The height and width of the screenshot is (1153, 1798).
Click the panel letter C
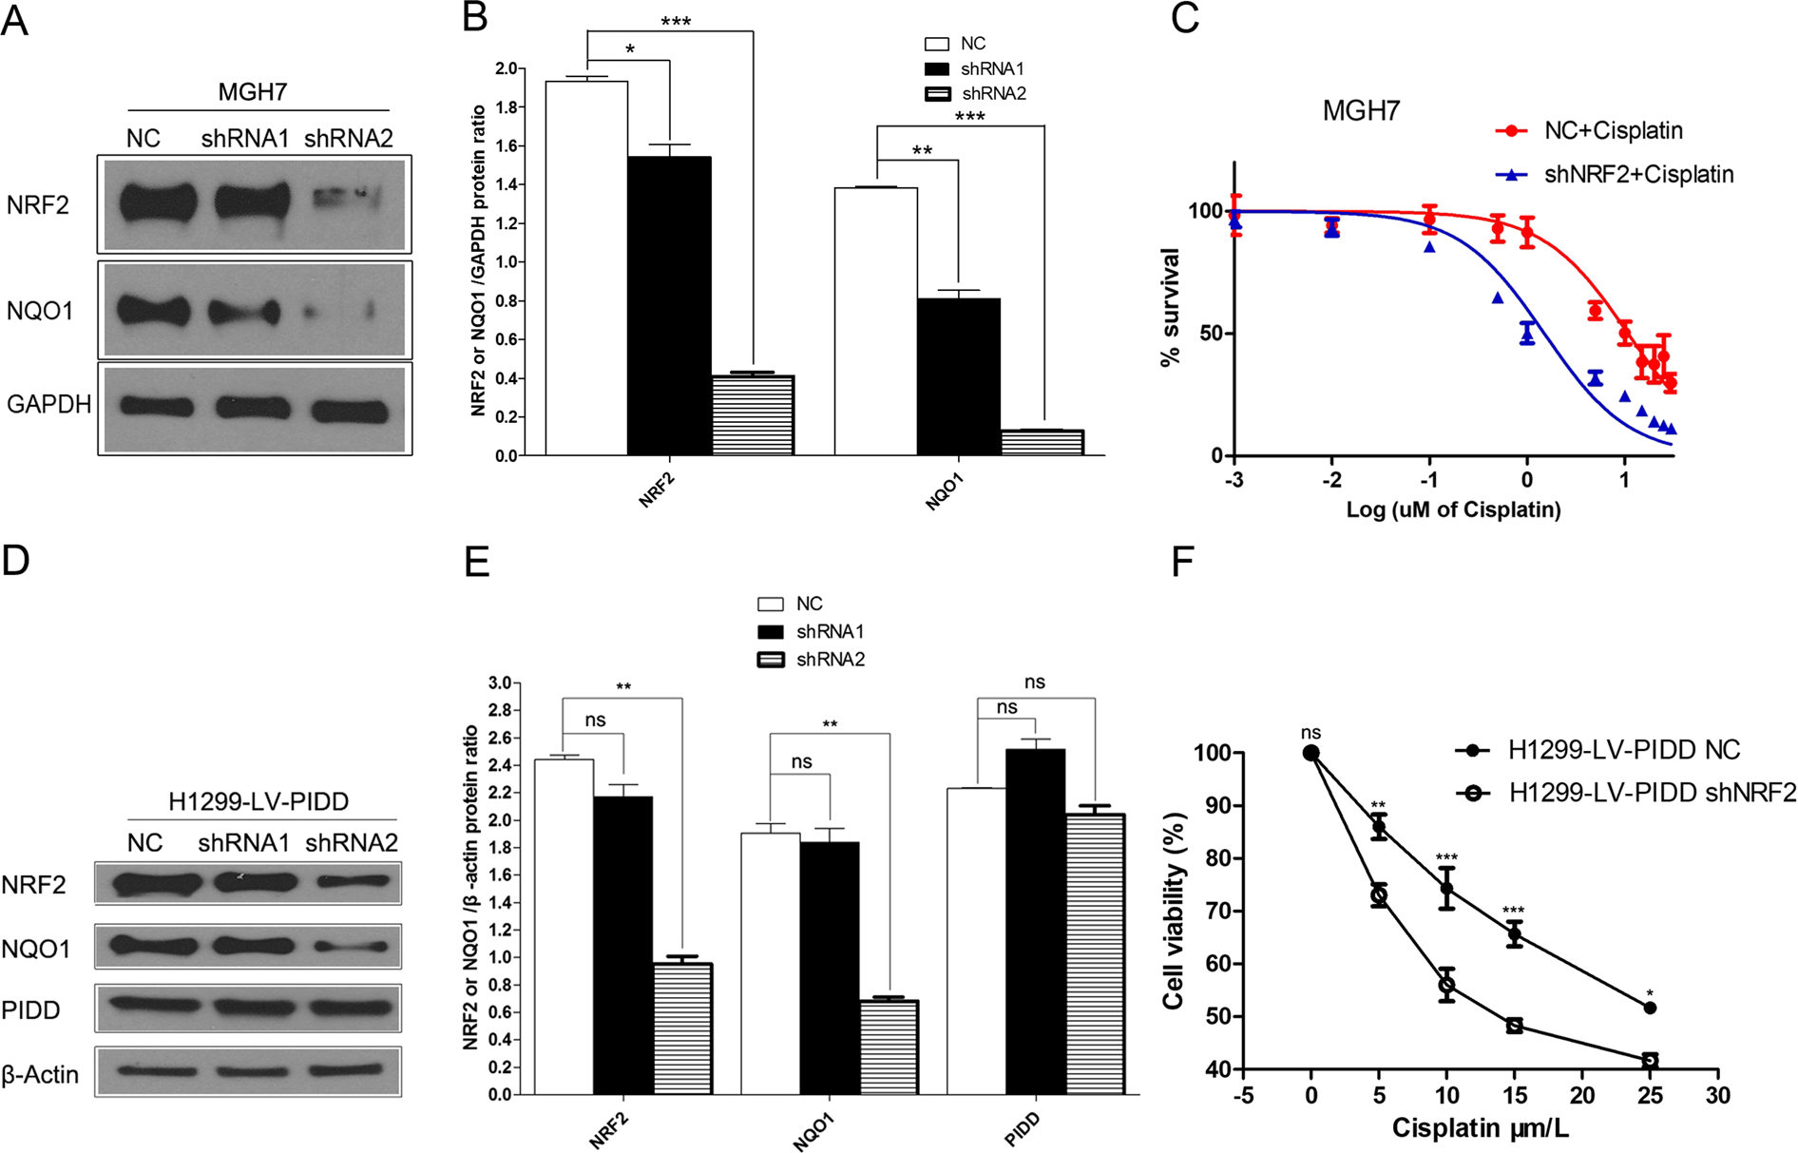(x=1184, y=18)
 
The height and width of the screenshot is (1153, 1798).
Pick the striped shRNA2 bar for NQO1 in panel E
(x=889, y=1047)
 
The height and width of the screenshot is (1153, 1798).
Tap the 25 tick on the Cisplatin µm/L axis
(x=1650, y=1095)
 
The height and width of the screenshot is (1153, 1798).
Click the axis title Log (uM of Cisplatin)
(x=1453, y=509)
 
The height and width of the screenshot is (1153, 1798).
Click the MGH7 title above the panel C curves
(x=1361, y=111)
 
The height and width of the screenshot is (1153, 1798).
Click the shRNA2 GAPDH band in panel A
(x=350, y=411)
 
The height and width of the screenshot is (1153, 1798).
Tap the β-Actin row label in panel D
(x=40, y=1074)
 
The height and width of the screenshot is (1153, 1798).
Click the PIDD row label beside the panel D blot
(x=30, y=1009)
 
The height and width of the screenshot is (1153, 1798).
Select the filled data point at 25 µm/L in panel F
(x=1650, y=1008)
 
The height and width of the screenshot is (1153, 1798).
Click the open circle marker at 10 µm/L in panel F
(x=1446, y=985)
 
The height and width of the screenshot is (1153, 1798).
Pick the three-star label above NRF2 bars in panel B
(x=675, y=21)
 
